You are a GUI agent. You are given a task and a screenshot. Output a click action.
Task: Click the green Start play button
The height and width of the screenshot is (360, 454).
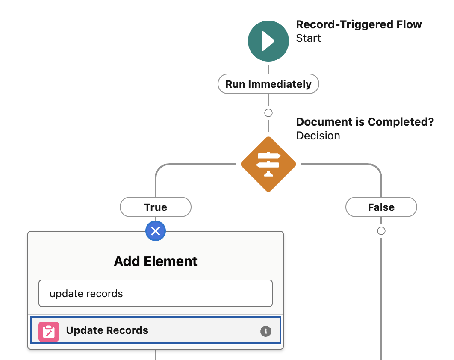coord(268,41)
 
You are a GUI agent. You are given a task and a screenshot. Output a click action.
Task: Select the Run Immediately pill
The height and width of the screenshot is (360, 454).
coord(268,84)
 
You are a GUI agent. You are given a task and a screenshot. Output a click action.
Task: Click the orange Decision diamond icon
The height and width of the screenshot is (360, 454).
coord(268,164)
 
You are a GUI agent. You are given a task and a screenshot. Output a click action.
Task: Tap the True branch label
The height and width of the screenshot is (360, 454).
coord(156,207)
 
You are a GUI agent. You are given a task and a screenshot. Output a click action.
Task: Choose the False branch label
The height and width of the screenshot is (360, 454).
coord(381,207)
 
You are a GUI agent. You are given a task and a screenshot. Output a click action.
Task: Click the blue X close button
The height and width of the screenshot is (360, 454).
coord(156,231)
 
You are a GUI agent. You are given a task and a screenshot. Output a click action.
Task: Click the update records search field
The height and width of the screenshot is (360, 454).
coord(156,293)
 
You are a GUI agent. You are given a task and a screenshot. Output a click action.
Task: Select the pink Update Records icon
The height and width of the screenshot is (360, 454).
coord(49,331)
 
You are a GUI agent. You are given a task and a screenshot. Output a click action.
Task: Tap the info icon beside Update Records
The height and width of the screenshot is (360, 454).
coord(266,331)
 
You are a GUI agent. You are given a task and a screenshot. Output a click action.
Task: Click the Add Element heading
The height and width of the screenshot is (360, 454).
coord(156,261)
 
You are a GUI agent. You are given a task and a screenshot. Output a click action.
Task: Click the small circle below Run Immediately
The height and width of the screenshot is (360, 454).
coord(268,113)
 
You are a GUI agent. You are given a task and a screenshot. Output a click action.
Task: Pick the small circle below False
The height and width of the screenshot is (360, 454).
coord(381,231)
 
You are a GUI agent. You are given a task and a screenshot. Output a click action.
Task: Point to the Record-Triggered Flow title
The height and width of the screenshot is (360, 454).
coord(359,25)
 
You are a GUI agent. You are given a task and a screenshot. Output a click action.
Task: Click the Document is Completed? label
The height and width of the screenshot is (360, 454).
coord(365,122)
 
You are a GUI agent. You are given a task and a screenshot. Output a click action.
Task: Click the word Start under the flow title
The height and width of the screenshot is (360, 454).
coord(308,38)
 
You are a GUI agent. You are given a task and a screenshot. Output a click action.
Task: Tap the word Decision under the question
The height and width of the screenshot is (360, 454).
coord(318,136)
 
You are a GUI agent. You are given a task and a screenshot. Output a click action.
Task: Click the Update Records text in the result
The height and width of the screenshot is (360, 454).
coord(107,330)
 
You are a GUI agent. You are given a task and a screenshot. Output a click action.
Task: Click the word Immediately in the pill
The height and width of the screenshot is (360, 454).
coord(280,84)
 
